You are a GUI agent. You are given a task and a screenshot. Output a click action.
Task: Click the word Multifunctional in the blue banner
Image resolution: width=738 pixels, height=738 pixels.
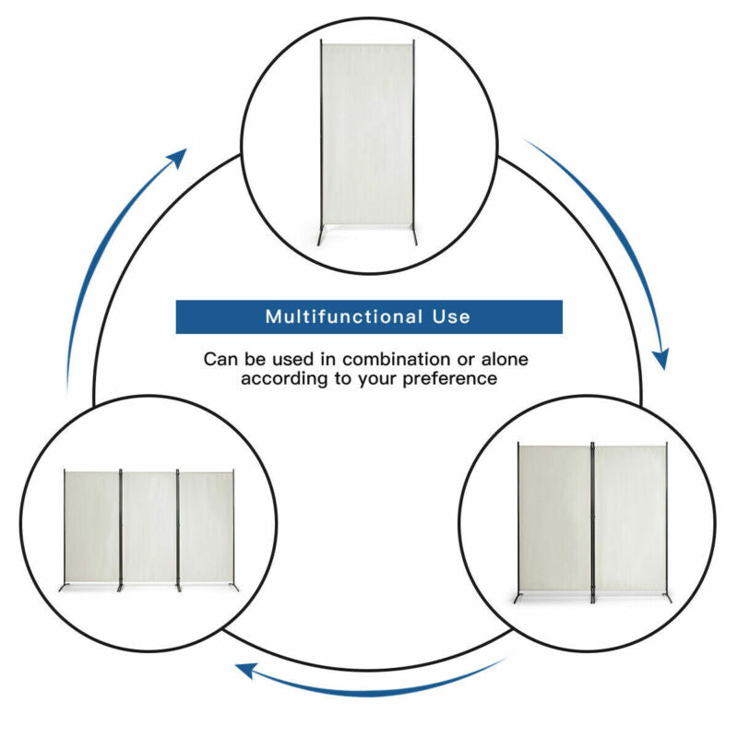[x=343, y=316]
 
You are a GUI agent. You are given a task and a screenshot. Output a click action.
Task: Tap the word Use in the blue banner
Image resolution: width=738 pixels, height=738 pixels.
[x=451, y=316]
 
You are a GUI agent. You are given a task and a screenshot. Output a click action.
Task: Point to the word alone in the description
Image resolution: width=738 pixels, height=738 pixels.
[x=505, y=359]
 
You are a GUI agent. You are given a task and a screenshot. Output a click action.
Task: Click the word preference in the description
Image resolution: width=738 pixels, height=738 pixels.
[x=449, y=379]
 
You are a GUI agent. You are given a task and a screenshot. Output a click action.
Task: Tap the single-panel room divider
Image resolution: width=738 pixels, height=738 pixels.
[x=367, y=142]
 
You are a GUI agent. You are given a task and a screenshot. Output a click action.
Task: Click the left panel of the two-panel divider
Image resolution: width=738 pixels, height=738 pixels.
[x=554, y=519]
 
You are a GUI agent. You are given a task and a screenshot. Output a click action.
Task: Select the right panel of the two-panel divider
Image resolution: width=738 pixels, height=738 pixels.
[x=630, y=519]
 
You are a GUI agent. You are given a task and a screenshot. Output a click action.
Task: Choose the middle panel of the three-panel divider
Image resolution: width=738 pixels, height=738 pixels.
[x=149, y=527]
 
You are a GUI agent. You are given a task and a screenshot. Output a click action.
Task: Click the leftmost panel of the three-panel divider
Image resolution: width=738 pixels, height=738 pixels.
[x=92, y=527]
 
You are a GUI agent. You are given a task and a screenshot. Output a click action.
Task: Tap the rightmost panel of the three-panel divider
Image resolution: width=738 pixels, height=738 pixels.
[x=206, y=527]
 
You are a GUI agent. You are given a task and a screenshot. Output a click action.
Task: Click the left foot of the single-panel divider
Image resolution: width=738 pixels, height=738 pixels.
[x=321, y=236]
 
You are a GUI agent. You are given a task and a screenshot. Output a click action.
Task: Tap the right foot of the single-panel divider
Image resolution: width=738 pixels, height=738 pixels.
[x=414, y=235]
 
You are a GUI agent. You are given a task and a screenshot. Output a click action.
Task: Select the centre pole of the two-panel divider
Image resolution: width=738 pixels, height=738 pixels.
[x=592, y=522]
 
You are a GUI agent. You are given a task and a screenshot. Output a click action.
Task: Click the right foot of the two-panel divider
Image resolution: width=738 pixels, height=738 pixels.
[x=667, y=597]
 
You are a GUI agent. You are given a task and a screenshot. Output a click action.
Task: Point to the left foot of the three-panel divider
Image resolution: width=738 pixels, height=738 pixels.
[x=64, y=587]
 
